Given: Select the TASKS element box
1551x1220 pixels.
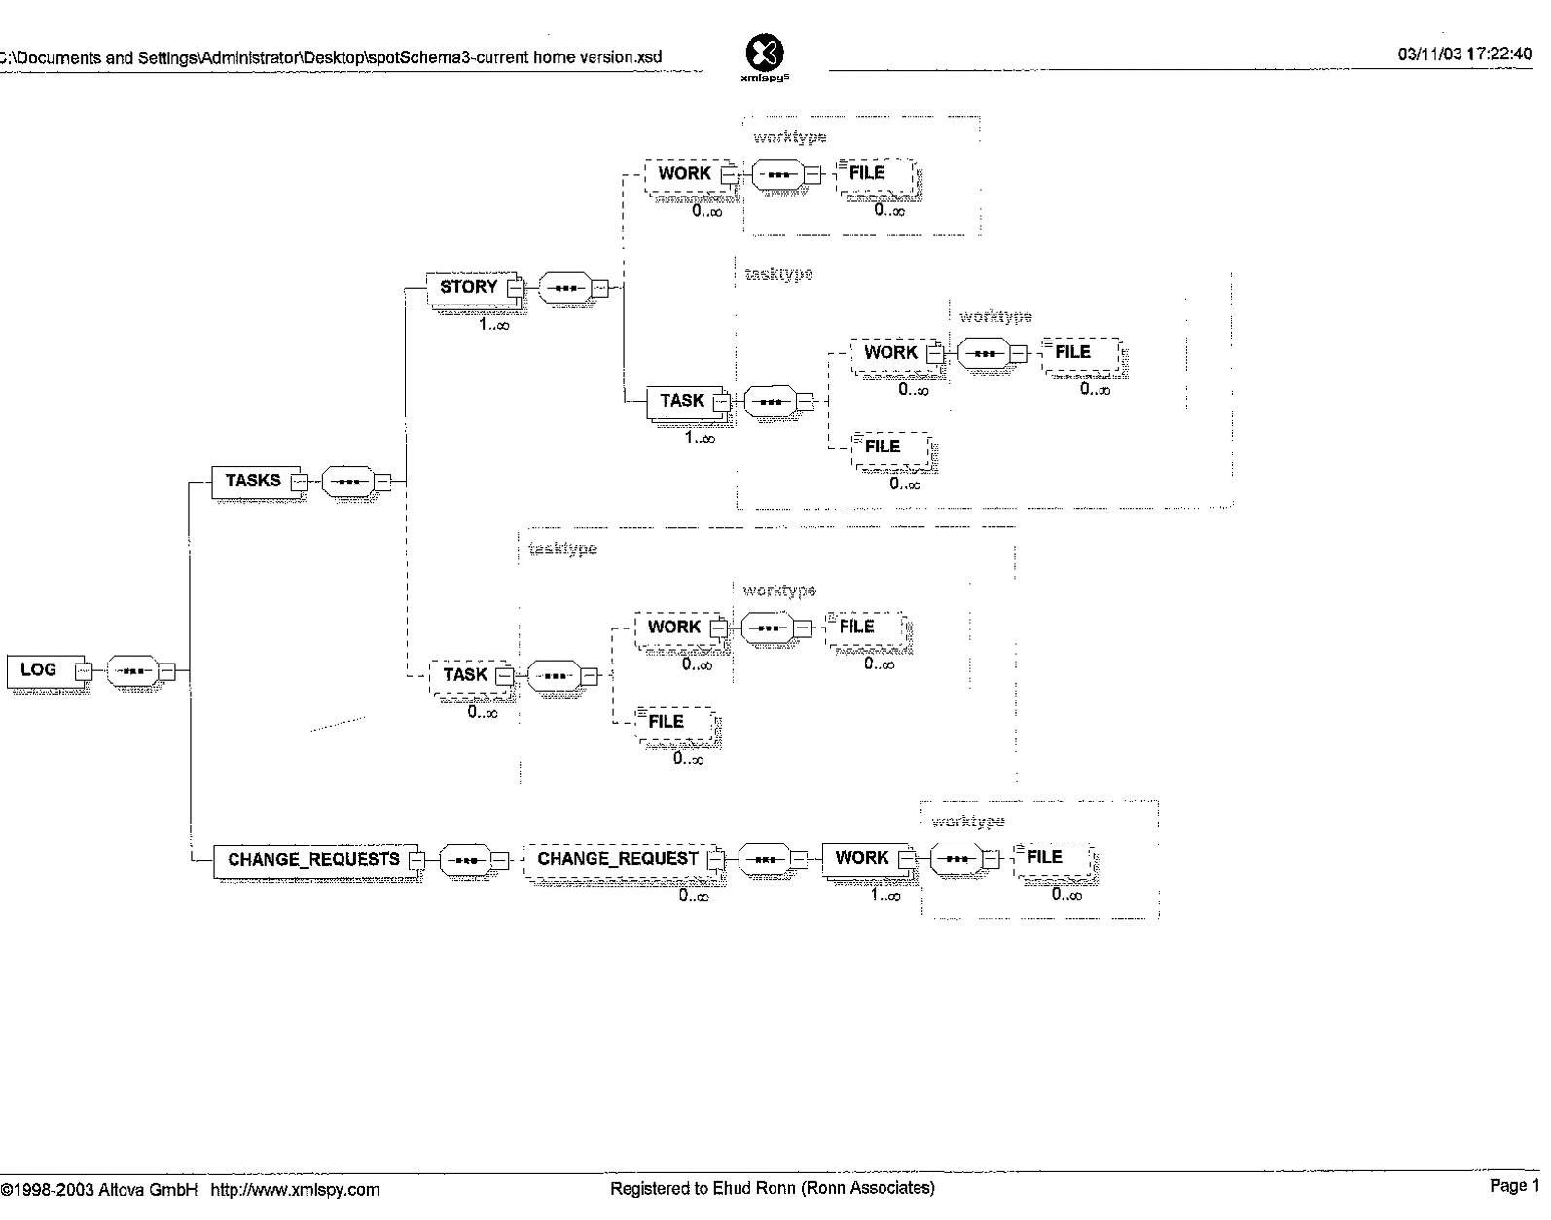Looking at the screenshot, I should [x=253, y=481].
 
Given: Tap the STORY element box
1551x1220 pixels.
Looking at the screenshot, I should [x=469, y=287].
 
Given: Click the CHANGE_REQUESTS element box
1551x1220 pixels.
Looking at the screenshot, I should [x=313, y=860].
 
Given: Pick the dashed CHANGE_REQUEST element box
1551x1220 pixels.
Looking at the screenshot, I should [x=618, y=859].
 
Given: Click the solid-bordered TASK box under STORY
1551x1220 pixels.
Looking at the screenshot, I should [x=682, y=401].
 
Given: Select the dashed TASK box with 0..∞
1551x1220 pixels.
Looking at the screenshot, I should [x=465, y=675].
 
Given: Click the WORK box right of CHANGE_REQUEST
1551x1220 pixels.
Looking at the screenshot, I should [x=862, y=858].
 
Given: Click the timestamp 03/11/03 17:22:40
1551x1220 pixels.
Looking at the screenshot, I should [x=1464, y=55].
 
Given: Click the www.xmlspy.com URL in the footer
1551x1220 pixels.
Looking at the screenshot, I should [x=295, y=1189].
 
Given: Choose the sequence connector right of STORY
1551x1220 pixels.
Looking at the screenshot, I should [x=564, y=288].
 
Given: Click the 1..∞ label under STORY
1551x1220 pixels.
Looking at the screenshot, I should [x=493, y=324].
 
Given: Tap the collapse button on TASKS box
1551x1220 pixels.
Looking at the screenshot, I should [x=301, y=481].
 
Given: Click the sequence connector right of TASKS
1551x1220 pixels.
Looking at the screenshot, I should [x=347, y=481].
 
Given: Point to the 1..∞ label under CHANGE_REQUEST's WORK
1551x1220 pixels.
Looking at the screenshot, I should [x=885, y=896].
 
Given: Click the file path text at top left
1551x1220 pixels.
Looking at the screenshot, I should [x=331, y=57].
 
